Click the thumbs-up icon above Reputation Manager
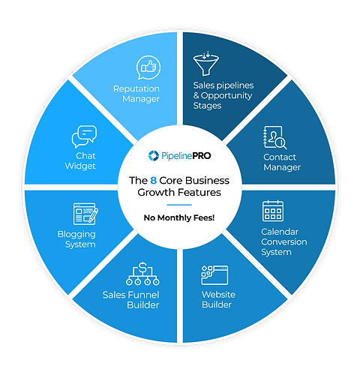(148, 67)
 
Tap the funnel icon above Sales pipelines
(206, 63)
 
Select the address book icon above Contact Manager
(275, 137)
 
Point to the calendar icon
(273, 211)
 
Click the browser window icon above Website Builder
(214, 275)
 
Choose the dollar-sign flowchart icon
(142, 274)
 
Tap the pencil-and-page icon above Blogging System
(85, 214)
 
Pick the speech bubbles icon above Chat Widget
(84, 136)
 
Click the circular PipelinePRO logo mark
(153, 156)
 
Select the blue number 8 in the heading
(153, 181)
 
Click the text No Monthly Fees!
(179, 217)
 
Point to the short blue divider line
(179, 205)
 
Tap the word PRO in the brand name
(202, 156)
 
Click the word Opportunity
(226, 96)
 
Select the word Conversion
(284, 242)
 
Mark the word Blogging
(76, 235)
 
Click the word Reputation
(136, 89)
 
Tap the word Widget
(80, 166)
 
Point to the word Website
(218, 295)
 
